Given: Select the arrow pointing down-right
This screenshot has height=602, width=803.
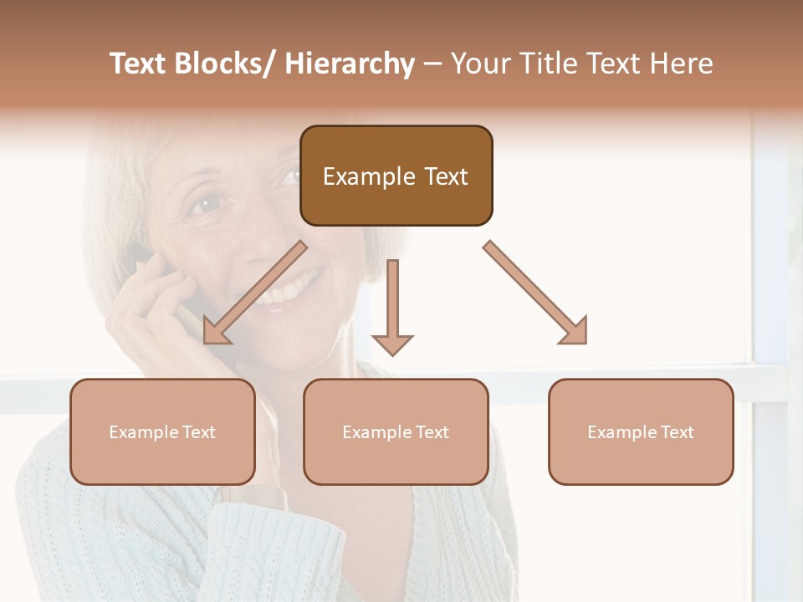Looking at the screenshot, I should [536, 293].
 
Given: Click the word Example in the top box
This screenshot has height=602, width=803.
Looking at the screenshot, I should [357, 176].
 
